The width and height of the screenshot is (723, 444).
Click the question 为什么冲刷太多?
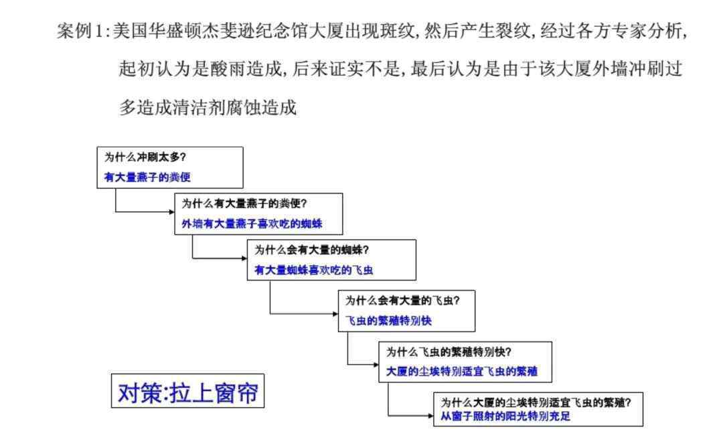click(x=145, y=157)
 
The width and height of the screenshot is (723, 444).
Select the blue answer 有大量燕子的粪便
click(x=147, y=177)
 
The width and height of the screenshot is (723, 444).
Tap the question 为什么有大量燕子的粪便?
click(x=244, y=204)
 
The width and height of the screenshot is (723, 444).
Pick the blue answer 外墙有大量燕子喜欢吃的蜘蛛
click(x=252, y=224)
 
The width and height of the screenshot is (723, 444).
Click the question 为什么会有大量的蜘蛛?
click(x=312, y=250)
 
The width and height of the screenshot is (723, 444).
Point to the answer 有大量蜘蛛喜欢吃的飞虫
click(x=313, y=270)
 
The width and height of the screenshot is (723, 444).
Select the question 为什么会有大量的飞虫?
click(x=402, y=301)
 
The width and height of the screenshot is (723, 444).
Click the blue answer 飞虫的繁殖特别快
click(x=388, y=320)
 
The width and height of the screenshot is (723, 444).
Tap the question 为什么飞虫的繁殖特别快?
click(x=449, y=352)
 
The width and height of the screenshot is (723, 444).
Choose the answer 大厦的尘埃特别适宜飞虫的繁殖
click(x=461, y=371)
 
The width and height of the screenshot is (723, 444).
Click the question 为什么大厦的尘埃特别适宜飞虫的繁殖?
click(x=536, y=402)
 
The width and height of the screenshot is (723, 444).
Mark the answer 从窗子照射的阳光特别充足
click(x=505, y=416)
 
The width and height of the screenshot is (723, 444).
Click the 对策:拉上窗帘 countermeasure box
click(x=187, y=391)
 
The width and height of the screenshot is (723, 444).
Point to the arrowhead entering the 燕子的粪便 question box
click(x=172, y=212)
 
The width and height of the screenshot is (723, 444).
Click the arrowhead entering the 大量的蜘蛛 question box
click(x=245, y=258)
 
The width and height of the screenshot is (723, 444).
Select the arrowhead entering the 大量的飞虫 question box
click(x=335, y=314)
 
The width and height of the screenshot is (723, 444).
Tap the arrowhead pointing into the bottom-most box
click(x=431, y=416)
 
